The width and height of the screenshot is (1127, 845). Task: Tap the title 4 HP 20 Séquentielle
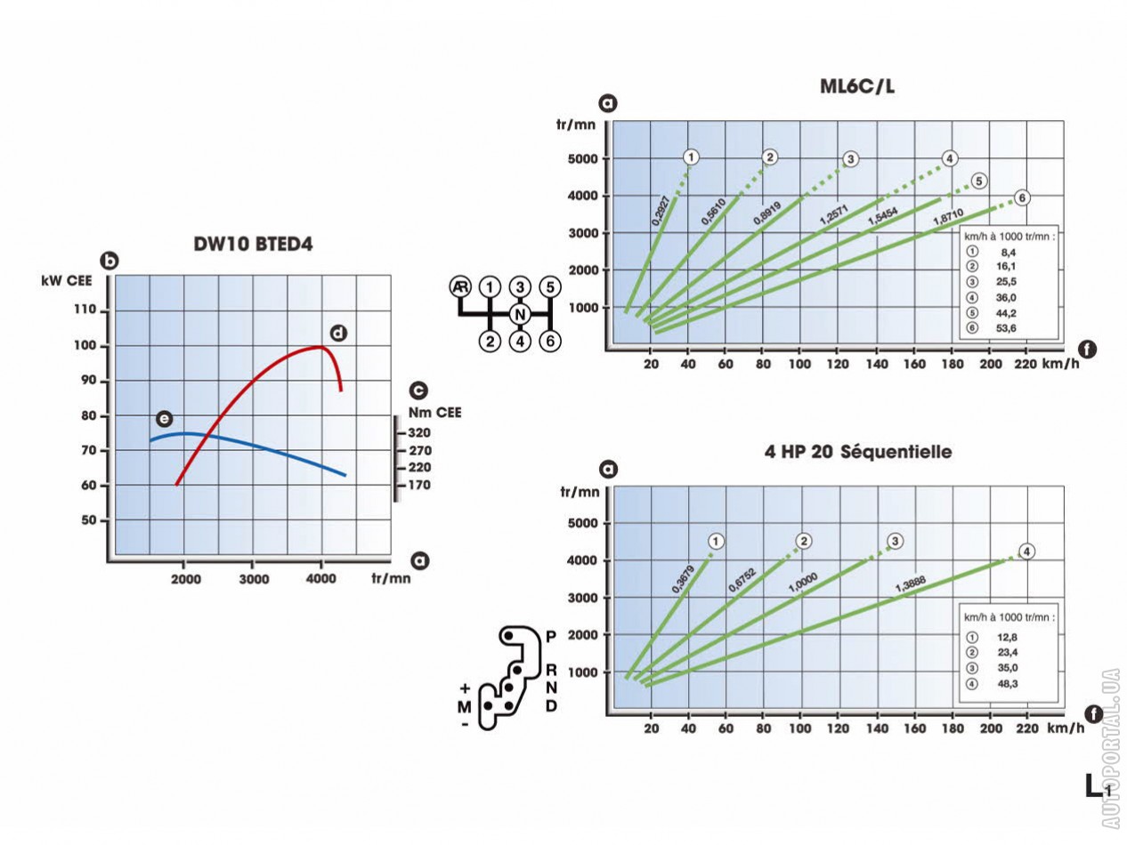pyautogui.click(x=858, y=452)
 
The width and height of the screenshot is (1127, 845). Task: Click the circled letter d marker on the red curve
pyautogui.click(x=337, y=333)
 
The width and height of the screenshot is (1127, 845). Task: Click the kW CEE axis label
pyautogui.click(x=69, y=281)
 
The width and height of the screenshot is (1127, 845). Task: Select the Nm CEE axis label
pyautogui.click(x=434, y=412)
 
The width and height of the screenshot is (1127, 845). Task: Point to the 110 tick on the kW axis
pyautogui.click(x=88, y=310)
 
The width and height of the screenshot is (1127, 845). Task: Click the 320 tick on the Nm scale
pyautogui.click(x=419, y=433)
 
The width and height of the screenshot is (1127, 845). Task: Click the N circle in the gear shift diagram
pyautogui.click(x=521, y=314)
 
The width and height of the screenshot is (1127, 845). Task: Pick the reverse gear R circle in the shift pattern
pyautogui.click(x=460, y=286)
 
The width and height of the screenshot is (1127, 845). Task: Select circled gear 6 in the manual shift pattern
pyautogui.click(x=551, y=341)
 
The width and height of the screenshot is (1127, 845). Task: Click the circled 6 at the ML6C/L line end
pyautogui.click(x=1022, y=197)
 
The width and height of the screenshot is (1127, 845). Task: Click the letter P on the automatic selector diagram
pyautogui.click(x=551, y=636)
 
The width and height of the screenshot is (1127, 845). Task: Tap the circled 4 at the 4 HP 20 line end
pyautogui.click(x=1026, y=551)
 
